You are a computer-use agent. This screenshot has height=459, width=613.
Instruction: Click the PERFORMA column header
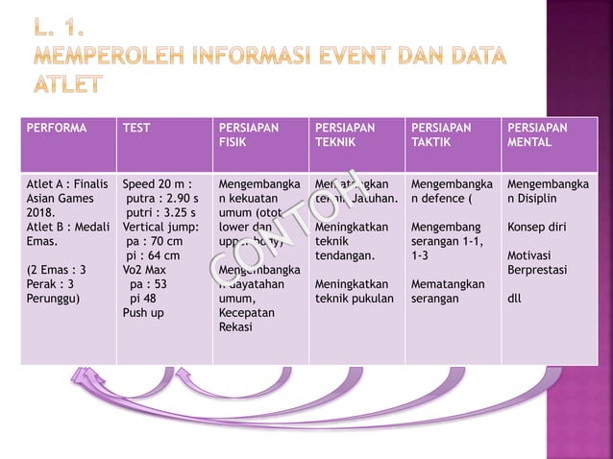click(x=56, y=127)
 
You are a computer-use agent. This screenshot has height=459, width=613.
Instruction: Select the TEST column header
click(x=137, y=127)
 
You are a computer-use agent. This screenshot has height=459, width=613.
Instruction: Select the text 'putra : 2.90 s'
click(x=162, y=199)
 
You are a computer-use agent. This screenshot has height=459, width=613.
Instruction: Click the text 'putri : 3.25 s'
click(x=161, y=213)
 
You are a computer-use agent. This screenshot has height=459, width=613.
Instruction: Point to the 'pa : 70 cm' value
click(x=155, y=242)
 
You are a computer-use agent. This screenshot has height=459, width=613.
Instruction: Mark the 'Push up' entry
click(x=143, y=312)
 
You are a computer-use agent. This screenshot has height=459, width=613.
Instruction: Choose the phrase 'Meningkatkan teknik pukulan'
click(x=352, y=291)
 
